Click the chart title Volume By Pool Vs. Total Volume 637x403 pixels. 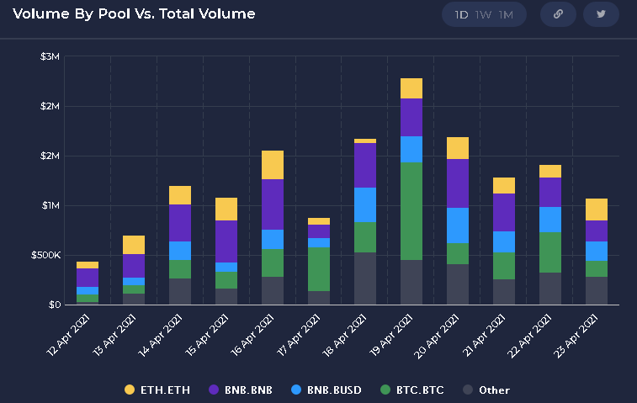coord(134,14)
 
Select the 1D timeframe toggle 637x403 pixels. coord(462,15)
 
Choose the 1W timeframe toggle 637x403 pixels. coord(484,15)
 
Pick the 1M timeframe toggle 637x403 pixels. coord(506,15)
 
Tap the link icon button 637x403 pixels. coord(556,14)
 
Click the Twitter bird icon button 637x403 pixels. coord(601,14)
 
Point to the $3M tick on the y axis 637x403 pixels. coord(50,56)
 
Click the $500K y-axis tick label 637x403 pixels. coord(45,255)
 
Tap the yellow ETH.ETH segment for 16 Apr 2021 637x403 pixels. coord(273,165)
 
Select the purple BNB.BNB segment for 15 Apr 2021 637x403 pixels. coord(226,241)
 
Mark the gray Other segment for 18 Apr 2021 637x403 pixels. coord(365,278)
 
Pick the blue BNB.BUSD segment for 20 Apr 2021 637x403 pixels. coord(458,225)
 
